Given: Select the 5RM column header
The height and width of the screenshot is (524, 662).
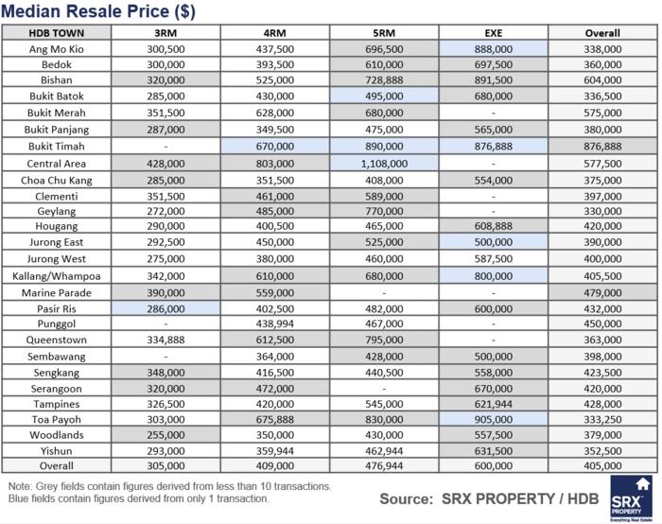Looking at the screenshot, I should pos(384,32).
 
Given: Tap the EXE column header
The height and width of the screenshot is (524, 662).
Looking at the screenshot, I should pos(493,32).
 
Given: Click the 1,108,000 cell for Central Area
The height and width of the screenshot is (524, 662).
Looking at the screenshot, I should pos(384,163).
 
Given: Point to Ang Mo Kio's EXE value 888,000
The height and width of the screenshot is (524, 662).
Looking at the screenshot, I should pos(493,48).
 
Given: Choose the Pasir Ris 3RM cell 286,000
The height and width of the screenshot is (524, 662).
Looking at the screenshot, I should pos(165,308).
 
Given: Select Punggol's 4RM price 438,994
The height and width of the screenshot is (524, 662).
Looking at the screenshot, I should pos(274,324).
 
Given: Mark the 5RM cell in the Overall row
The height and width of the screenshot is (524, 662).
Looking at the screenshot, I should pos(384,466).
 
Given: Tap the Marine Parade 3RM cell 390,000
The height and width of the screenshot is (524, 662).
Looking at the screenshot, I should pos(165,292).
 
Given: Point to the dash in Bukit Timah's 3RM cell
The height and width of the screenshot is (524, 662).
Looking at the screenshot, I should pos(165,147).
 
